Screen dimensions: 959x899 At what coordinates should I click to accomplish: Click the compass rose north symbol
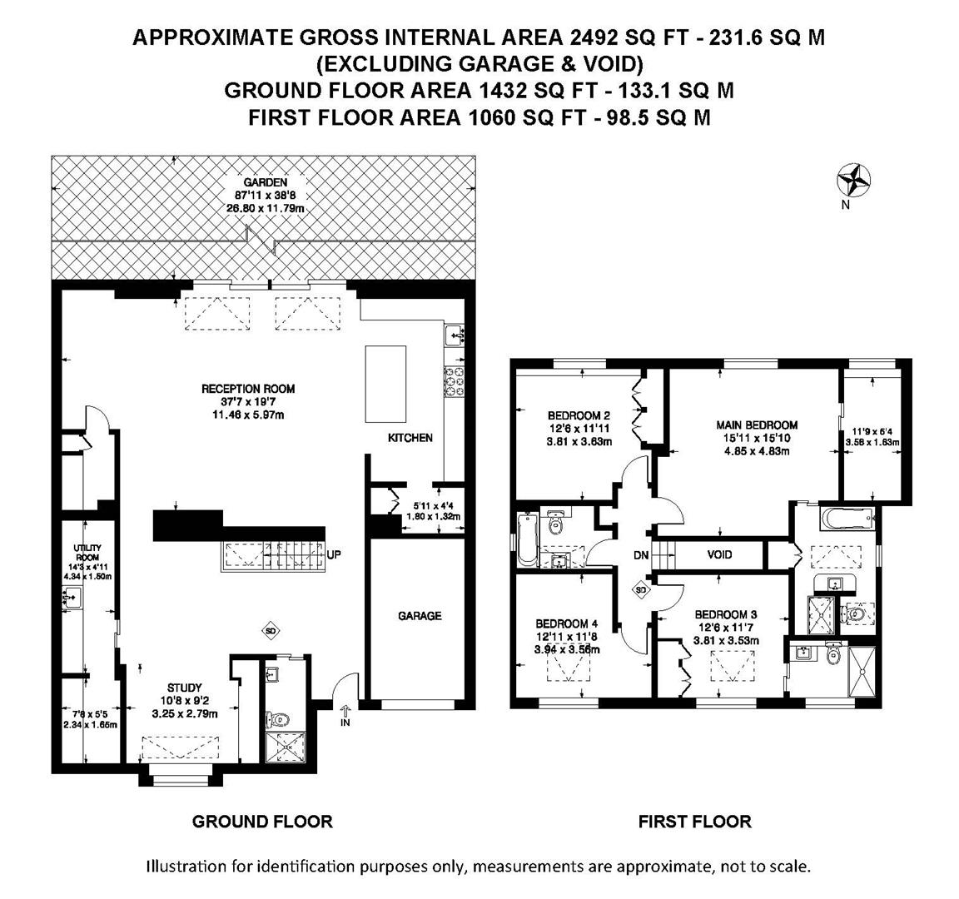[x=853, y=181]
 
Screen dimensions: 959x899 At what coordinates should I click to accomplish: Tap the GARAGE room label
[x=420, y=616]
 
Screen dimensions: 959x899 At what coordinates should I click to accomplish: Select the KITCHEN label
[x=410, y=438]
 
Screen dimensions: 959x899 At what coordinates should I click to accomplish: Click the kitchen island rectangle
[x=386, y=384]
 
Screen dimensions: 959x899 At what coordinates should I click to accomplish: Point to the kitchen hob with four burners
[x=455, y=381]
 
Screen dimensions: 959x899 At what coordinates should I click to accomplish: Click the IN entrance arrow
[x=345, y=714]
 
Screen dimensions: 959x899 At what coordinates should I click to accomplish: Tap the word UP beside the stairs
[x=334, y=555]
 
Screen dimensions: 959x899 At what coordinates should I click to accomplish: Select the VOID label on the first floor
[x=719, y=554]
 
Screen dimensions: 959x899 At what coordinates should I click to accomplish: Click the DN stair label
[x=641, y=556]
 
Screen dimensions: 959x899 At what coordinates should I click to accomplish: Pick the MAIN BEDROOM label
[x=758, y=425]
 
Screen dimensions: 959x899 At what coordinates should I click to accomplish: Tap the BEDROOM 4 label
[x=566, y=623]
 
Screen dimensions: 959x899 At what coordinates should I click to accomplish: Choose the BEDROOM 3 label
[x=726, y=614]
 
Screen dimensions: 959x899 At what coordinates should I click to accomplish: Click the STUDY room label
[x=185, y=688]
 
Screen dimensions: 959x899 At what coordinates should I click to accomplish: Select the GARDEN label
[x=266, y=182]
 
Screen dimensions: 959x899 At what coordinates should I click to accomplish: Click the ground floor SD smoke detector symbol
[x=271, y=630]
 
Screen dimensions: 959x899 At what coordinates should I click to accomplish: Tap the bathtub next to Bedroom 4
[x=526, y=540]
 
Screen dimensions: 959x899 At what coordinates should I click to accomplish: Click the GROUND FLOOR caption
[x=262, y=822]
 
